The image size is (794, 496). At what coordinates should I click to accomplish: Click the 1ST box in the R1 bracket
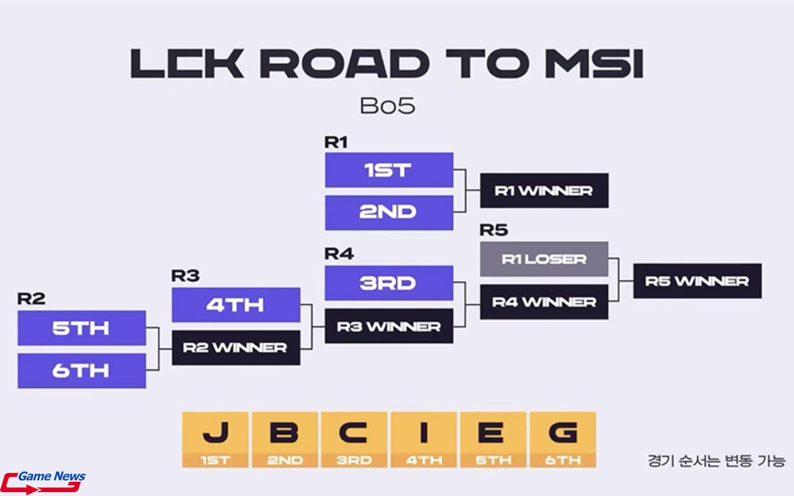(x=389, y=170)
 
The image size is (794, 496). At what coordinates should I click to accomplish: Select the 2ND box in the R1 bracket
(x=389, y=212)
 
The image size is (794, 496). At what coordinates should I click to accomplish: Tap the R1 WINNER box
(x=544, y=191)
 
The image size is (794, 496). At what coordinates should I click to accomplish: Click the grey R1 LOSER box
(x=544, y=259)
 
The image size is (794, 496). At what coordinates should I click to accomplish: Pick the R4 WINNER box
(x=544, y=302)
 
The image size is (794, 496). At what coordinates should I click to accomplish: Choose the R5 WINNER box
(x=697, y=281)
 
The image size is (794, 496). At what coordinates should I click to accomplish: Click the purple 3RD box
(x=389, y=283)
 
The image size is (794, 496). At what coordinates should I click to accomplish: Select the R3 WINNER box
(x=389, y=326)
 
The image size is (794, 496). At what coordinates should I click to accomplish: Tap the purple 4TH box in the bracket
(x=235, y=305)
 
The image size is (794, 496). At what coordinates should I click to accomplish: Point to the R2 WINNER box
(x=235, y=348)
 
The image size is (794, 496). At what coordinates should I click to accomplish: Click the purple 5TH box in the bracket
(x=82, y=328)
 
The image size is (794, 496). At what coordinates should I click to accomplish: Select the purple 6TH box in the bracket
(x=82, y=370)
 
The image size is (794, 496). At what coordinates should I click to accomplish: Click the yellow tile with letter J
(x=216, y=439)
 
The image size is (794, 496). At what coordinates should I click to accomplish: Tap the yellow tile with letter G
(x=563, y=439)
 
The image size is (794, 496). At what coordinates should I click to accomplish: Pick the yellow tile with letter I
(x=424, y=439)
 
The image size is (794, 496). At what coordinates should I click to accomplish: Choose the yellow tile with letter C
(x=355, y=439)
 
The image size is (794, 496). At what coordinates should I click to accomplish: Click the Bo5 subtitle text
(x=387, y=106)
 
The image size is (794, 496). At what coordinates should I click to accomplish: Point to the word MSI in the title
(x=594, y=64)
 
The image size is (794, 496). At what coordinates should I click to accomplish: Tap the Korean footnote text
(x=716, y=461)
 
